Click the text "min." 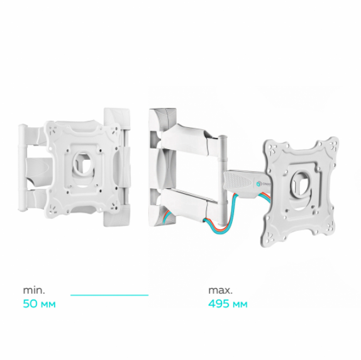coord(34,290)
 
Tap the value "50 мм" coord(39,304)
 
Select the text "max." coord(220,290)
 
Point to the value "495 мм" coord(228,304)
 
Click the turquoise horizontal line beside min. coord(109,295)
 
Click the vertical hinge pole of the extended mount coord(222,179)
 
